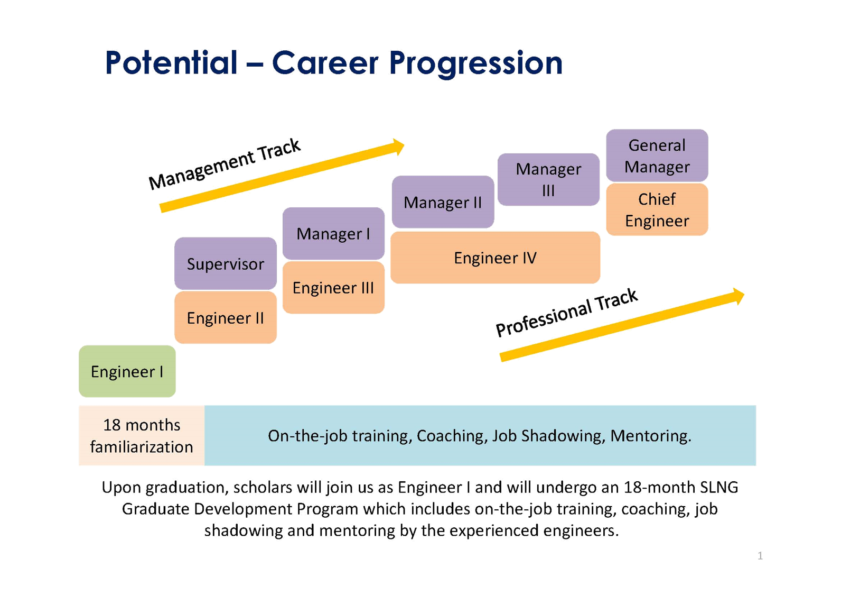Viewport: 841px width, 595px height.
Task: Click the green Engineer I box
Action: click(x=127, y=371)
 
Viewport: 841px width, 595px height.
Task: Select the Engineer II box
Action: click(x=226, y=318)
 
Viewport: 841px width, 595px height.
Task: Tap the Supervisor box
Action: click(x=226, y=263)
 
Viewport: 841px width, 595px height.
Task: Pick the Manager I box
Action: click(x=333, y=233)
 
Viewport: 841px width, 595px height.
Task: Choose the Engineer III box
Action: click(x=333, y=288)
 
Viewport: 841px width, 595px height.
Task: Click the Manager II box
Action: click(x=443, y=202)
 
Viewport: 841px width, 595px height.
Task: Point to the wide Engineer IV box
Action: click(x=495, y=258)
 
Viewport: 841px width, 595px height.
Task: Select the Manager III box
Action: click(x=548, y=179)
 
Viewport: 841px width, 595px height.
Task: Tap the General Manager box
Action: click(x=657, y=155)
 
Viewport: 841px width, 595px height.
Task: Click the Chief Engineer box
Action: click(x=657, y=209)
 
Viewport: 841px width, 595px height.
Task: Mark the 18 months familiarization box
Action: click(x=142, y=436)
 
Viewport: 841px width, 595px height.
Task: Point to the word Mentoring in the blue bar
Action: click(x=650, y=436)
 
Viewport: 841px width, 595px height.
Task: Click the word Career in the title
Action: click(x=325, y=63)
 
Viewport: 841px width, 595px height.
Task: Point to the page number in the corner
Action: click(x=760, y=555)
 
